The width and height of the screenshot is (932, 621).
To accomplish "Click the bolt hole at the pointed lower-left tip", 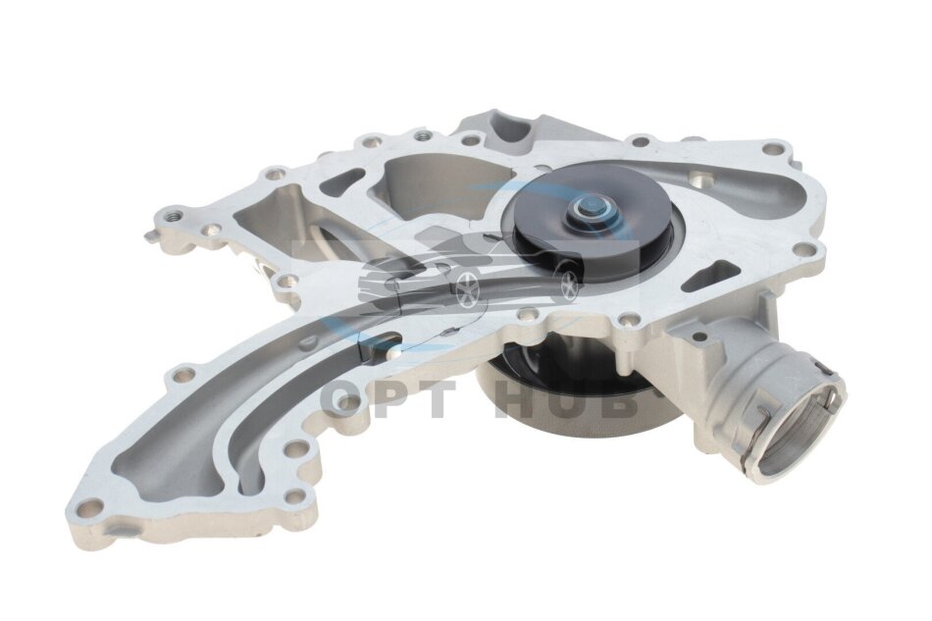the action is [90, 508].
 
